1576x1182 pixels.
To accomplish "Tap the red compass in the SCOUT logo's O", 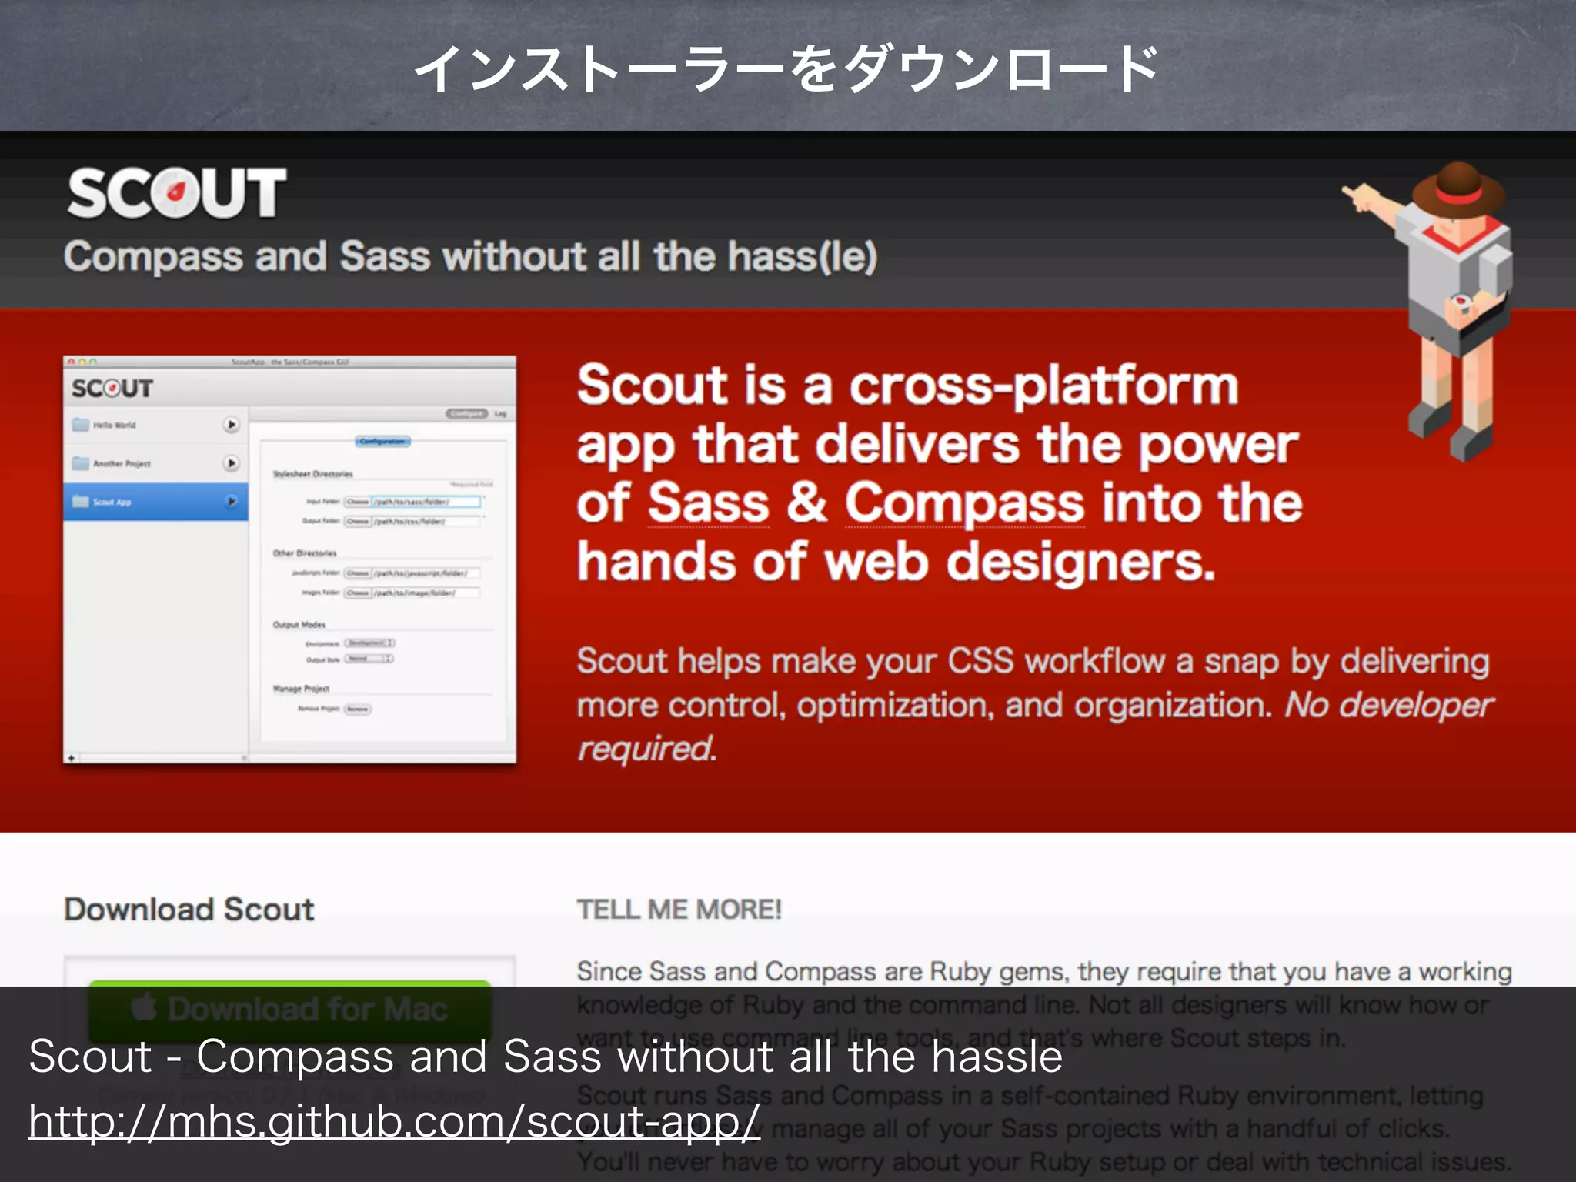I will (175, 192).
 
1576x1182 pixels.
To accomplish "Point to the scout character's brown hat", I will (1458, 185).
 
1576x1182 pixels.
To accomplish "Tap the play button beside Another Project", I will (231, 463).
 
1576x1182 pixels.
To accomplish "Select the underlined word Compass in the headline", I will (965, 503).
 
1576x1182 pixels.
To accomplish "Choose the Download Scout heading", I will (189, 910).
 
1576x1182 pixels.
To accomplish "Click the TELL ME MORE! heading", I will (679, 910).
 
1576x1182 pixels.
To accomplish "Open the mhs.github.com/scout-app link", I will (394, 1120).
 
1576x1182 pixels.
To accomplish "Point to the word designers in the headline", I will (1080, 562).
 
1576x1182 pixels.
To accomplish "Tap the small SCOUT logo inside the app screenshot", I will (112, 389).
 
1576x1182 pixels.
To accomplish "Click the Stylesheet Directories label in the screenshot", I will (312, 474).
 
